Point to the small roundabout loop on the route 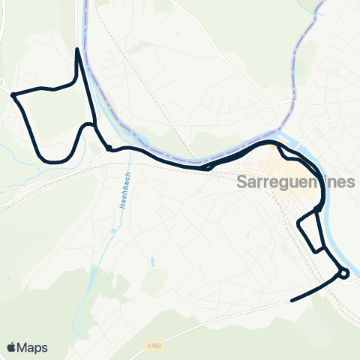[343, 274]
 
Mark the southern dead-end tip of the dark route [291, 301]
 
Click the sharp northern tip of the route [78, 50]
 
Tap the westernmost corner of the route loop [13, 94]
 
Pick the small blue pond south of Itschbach [152, 262]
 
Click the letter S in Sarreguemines [242, 182]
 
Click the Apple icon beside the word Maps [12, 347]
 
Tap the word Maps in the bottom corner [33, 347]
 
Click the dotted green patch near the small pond [154, 281]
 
